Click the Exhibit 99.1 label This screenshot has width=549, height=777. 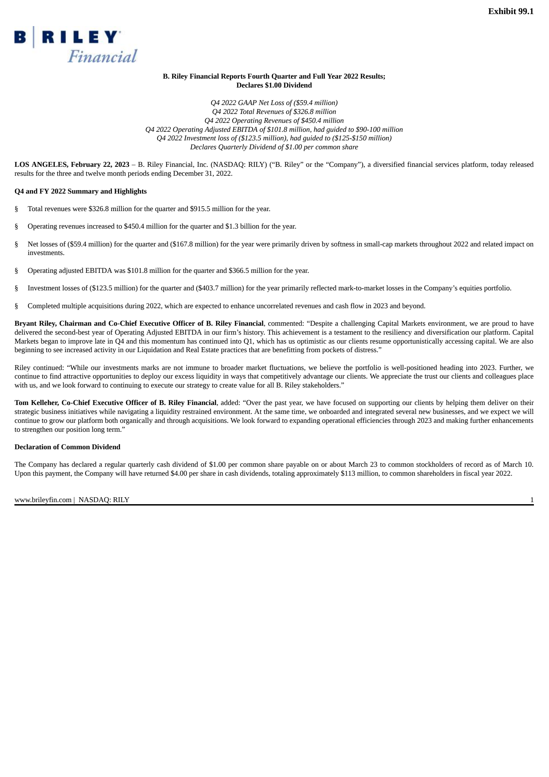(x=510, y=12)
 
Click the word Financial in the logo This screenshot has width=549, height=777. (x=102, y=56)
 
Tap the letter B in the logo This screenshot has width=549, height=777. (x=20, y=37)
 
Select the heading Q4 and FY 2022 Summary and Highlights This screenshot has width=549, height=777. (x=80, y=192)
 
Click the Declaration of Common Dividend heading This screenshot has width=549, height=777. (x=67, y=447)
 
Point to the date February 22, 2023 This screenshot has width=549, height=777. (x=100, y=165)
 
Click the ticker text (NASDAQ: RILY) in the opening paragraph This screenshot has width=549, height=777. (x=238, y=165)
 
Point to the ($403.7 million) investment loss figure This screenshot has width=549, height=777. (x=220, y=288)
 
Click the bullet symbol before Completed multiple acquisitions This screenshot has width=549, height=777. (x=16, y=306)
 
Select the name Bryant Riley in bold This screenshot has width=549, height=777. (x=35, y=324)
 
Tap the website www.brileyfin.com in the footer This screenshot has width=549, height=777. (x=43, y=500)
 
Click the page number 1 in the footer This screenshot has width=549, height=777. (x=532, y=500)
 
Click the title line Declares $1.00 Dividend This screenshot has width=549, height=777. (x=274, y=85)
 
